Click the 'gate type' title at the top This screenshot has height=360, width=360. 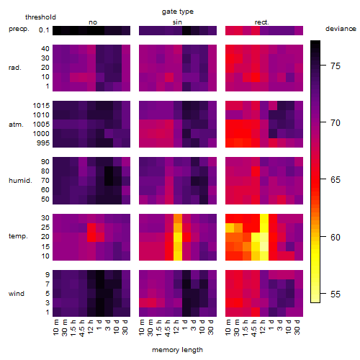point(178,12)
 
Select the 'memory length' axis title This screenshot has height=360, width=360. point(177,350)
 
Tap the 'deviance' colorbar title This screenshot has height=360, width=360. point(341,29)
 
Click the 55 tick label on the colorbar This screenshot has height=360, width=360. point(336,294)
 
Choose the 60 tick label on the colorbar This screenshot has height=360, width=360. point(336,237)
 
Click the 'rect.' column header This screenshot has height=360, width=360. point(261,22)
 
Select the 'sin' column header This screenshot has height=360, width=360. point(177,22)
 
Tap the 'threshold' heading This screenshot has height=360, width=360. point(40,17)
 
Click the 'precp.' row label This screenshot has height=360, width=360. point(19,29)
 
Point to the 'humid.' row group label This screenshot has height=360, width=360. point(20,181)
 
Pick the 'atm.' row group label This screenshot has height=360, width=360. point(16,125)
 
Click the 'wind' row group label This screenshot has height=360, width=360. point(17,294)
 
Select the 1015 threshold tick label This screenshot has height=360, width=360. point(41,106)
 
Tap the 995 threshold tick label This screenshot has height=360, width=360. point(43,143)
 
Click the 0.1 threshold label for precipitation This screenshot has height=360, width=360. point(44,30)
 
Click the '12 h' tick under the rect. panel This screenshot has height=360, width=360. point(263,327)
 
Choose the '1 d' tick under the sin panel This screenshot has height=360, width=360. point(185,325)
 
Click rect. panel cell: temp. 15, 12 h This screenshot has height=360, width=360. point(264,246)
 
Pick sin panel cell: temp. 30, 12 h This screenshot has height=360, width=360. point(178,218)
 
